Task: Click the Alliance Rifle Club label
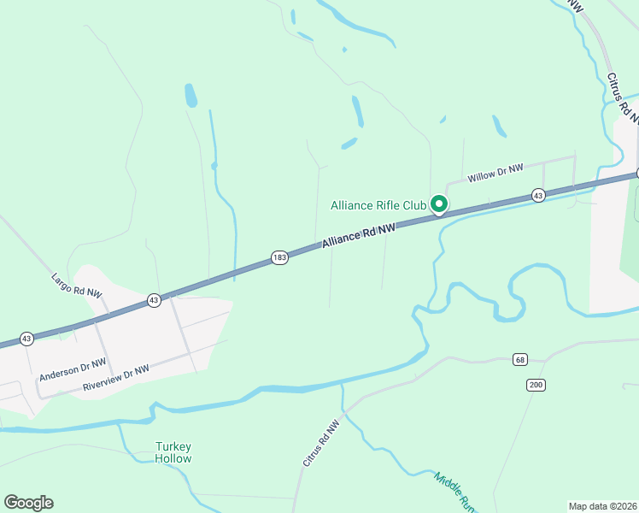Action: point(378,205)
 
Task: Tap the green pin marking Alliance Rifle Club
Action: point(439,204)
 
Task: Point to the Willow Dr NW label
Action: point(495,172)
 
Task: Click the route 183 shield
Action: point(279,257)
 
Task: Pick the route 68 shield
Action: point(520,359)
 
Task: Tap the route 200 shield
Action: point(536,386)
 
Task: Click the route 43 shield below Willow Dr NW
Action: point(538,196)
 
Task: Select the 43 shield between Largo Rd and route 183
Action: point(154,300)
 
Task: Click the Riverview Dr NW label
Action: point(116,379)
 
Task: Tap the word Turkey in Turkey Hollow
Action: point(173,446)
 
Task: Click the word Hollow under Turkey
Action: point(173,458)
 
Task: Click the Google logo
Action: point(28,502)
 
